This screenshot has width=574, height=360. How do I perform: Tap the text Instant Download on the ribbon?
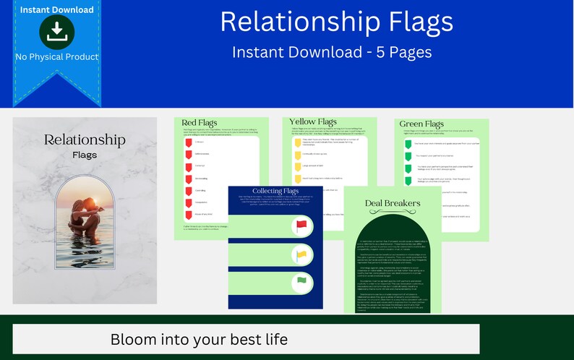point(56,9)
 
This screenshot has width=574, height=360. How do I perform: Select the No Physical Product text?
point(56,56)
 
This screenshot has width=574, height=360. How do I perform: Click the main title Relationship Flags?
point(336,22)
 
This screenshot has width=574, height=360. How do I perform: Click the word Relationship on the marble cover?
point(85,140)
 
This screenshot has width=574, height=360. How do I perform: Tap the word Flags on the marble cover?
point(85,155)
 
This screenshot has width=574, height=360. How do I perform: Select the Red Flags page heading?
point(199,123)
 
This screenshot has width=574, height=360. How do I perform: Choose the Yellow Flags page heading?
point(313,121)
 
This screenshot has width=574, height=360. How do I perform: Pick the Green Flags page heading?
point(421,124)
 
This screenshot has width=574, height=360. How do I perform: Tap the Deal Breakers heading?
point(392,203)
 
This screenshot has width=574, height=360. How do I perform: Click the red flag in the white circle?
point(302,226)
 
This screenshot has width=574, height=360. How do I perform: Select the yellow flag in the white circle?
point(302,254)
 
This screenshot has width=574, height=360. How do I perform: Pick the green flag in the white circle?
point(302,281)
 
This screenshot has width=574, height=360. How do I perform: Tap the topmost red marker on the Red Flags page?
point(188,142)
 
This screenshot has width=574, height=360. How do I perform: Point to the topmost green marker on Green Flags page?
point(408,144)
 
